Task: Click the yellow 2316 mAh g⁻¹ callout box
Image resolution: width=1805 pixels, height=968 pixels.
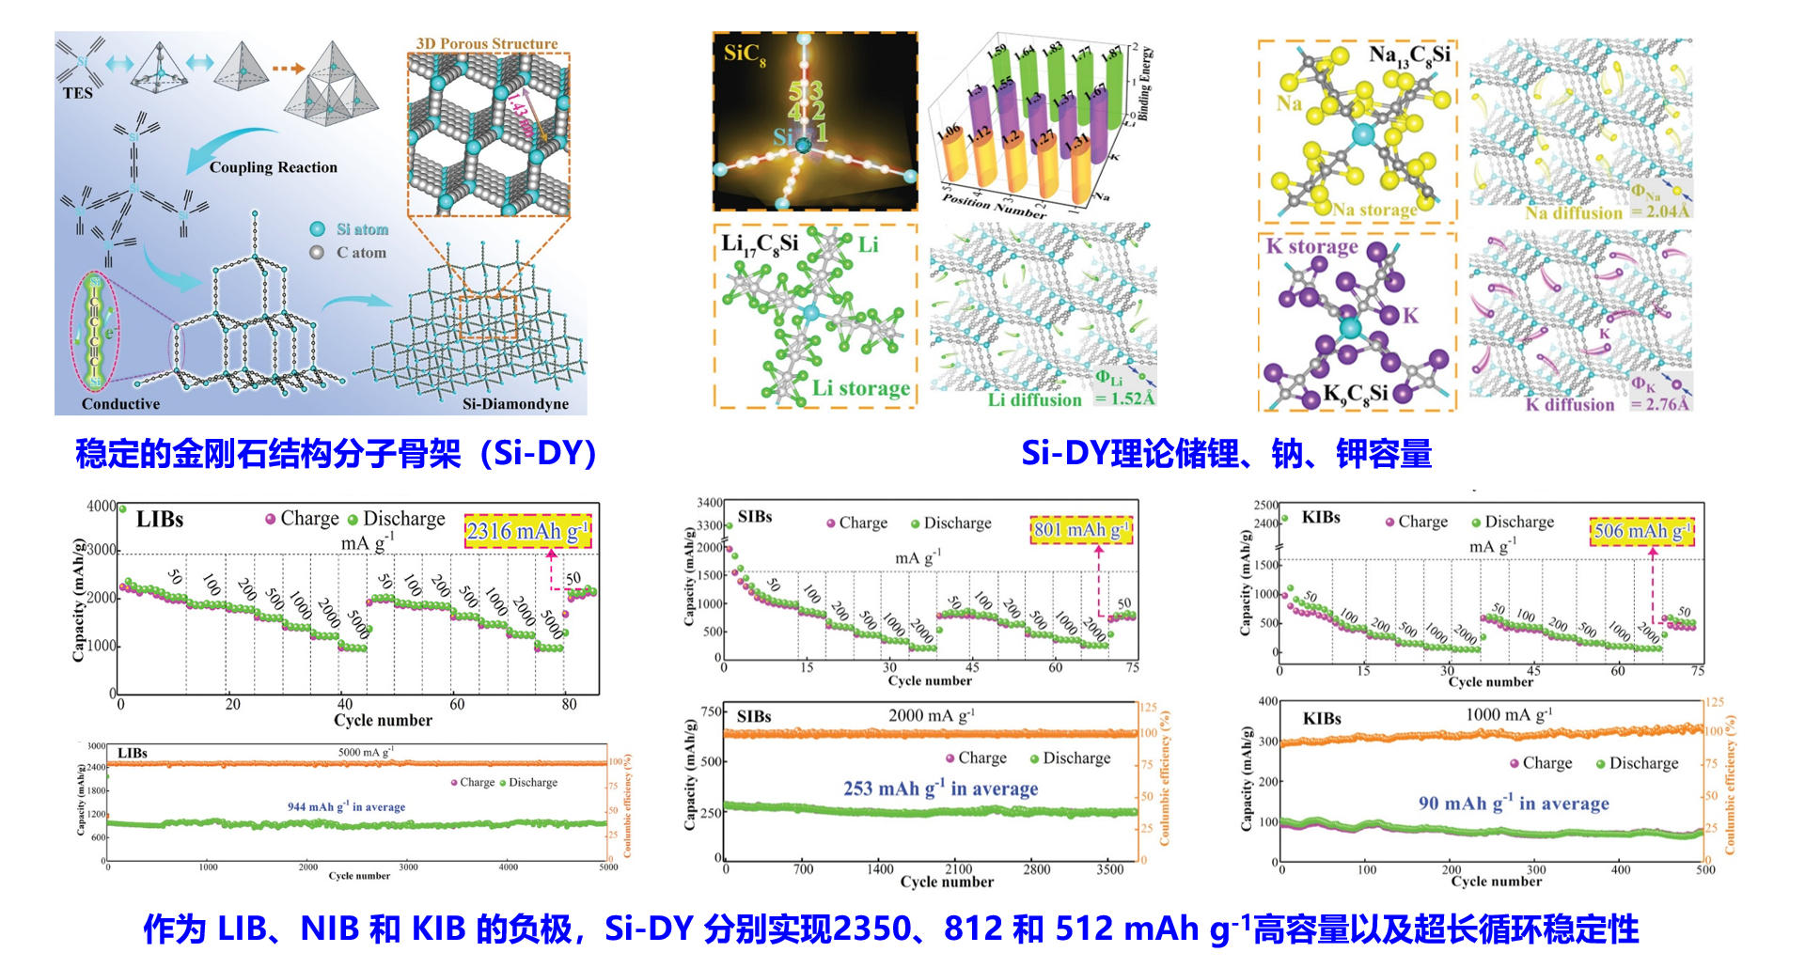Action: click(x=527, y=532)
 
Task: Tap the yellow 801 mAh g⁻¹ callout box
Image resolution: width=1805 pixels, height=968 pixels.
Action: click(x=1079, y=530)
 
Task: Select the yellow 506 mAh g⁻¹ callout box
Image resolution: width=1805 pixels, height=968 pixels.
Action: click(x=1641, y=531)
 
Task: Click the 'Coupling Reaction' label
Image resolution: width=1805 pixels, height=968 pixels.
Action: click(x=273, y=167)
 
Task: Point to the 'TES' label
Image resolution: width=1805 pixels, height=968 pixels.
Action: click(x=78, y=93)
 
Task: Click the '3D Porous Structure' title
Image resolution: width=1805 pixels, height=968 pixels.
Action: click(x=487, y=43)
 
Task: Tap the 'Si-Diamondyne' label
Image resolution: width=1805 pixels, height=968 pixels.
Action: click(x=515, y=404)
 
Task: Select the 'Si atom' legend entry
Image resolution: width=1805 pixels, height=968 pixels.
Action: click(x=361, y=229)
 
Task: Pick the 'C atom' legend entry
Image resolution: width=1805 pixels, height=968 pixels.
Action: click(x=361, y=253)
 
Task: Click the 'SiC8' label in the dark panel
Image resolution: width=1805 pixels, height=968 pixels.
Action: click(x=745, y=55)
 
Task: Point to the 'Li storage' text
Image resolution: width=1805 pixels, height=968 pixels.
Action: click(x=861, y=388)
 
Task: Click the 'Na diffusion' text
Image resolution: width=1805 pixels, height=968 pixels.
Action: click(x=1574, y=213)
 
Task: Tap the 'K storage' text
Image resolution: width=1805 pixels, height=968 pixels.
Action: click(x=1311, y=247)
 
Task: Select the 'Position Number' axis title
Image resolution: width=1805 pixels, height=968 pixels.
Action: click(x=993, y=206)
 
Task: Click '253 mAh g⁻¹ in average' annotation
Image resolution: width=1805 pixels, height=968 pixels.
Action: click(x=940, y=788)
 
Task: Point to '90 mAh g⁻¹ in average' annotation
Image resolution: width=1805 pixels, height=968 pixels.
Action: click(x=1514, y=804)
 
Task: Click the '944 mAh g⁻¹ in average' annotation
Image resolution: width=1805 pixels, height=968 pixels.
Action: click(x=346, y=806)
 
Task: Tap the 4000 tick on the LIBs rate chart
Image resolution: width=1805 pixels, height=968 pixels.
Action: click(x=102, y=507)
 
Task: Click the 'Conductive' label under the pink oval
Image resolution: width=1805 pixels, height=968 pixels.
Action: click(x=120, y=404)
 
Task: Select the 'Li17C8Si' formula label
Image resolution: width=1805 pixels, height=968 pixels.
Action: click(x=760, y=244)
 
